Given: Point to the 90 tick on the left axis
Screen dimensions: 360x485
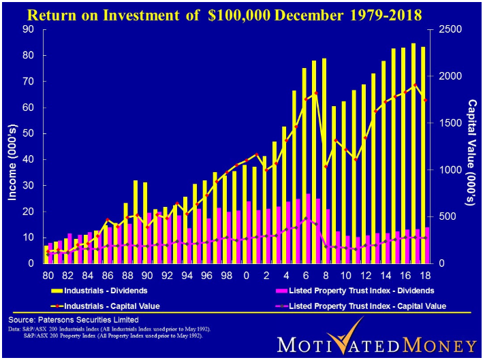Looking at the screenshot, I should [29, 29].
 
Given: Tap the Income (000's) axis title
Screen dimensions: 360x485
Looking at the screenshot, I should [12, 146].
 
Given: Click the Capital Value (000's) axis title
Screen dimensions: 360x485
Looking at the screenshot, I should [471, 146].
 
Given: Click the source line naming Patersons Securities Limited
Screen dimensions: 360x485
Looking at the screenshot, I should [73, 319].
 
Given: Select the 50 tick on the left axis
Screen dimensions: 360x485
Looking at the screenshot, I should [29, 133].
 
